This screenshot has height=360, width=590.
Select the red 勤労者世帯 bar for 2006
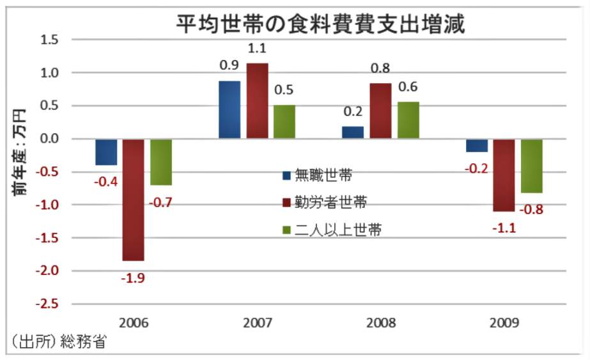coord(133,200)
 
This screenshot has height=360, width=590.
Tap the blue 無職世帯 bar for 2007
coord(229,109)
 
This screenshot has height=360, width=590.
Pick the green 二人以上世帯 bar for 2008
coord(408,120)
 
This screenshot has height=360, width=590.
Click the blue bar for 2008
coord(352,132)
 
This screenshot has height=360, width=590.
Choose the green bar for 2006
coord(161,162)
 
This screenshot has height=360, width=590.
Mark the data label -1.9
coord(133,278)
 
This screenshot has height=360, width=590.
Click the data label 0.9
coord(229,66)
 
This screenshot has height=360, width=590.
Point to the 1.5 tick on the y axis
coord(49,40)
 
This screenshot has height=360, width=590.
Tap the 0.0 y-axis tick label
coord(49,139)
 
